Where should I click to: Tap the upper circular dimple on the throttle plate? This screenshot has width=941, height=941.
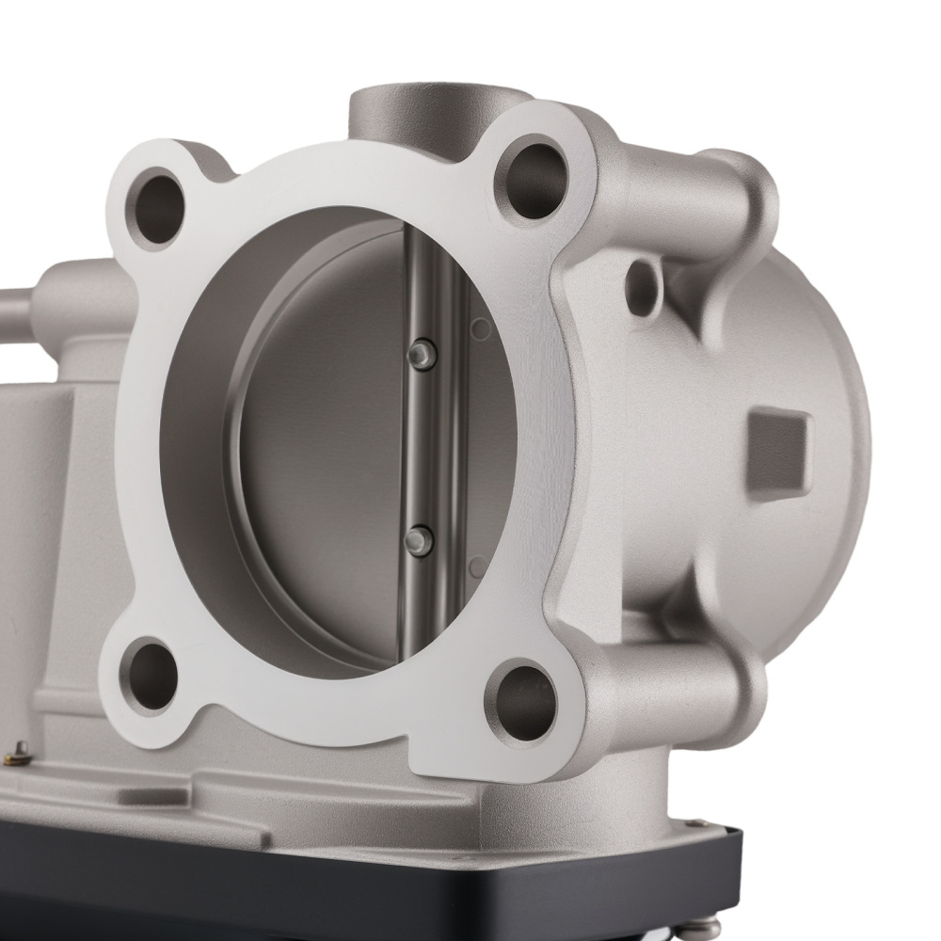(481, 329)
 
